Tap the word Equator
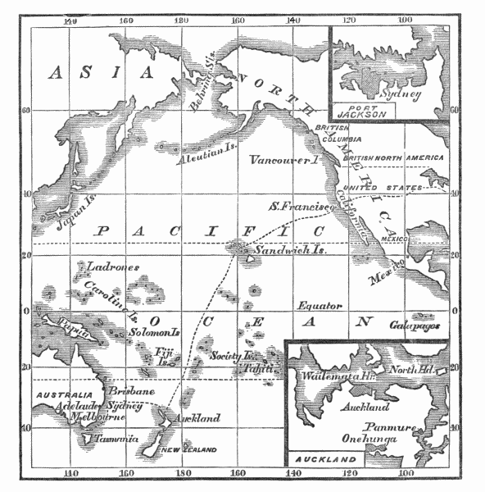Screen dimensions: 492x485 (x=319, y=305)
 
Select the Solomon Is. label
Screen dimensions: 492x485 (x=154, y=333)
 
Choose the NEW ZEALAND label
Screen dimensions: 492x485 (x=188, y=450)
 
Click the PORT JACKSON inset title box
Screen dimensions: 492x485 (x=362, y=110)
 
